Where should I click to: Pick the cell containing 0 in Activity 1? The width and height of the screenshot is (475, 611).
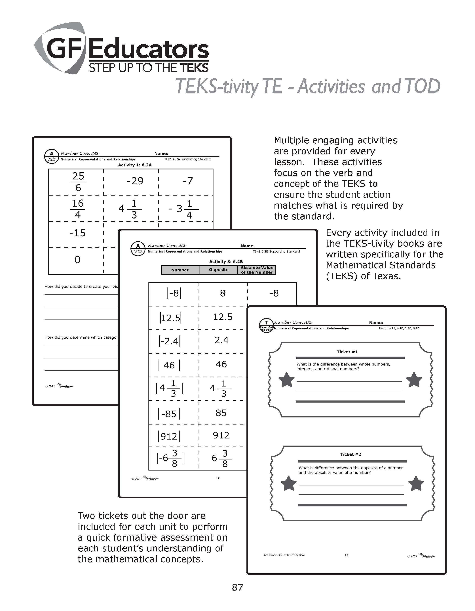click(x=77, y=260)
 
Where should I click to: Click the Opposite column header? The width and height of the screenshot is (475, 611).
click(x=218, y=270)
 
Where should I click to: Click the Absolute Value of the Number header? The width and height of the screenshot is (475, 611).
click(x=257, y=270)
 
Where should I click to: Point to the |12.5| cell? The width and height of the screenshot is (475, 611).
click(x=170, y=318)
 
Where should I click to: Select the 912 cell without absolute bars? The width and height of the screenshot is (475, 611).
click(x=221, y=435)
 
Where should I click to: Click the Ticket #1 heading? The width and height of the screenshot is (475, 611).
click(x=347, y=352)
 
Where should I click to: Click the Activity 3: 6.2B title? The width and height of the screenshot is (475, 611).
click(x=226, y=262)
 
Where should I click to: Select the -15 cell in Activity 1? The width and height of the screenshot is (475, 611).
click(x=77, y=233)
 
